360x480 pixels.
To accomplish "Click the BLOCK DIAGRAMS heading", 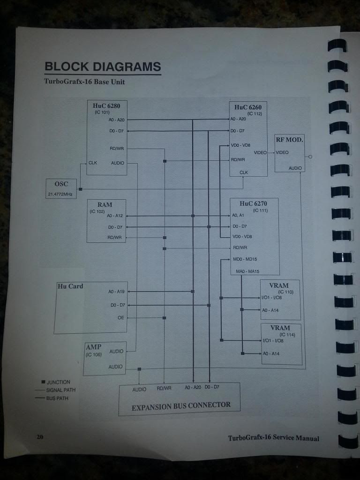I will (103, 67).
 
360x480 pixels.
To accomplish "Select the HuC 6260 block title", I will (248, 107).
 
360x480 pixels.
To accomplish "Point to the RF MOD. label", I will (289, 140).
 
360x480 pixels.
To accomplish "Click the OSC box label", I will (61, 184).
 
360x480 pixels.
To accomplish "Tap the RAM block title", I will (105, 205).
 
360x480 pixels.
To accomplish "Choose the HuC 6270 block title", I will (253, 203).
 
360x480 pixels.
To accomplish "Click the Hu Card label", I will (70, 286).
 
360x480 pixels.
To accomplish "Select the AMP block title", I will (93, 347).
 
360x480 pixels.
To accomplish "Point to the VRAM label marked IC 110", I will (279, 285).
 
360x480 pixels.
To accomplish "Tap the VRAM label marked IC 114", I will (280, 328).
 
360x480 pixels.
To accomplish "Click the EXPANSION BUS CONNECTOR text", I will (181, 406).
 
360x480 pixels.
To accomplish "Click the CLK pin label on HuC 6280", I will (93, 163).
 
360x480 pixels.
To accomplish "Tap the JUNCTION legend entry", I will (58, 382).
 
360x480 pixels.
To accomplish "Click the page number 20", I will (40, 437).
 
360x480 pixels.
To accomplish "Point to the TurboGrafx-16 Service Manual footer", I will (273, 438).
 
